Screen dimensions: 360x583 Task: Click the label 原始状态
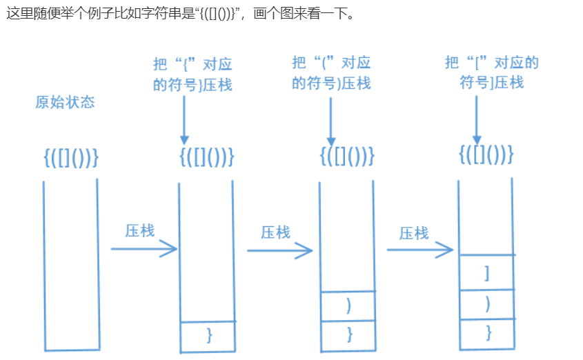point(65,102)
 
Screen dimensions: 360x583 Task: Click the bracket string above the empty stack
point(71,158)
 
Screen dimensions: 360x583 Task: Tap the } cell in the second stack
point(208,335)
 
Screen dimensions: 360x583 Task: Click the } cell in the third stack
point(348,334)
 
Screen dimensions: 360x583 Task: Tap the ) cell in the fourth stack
point(488,304)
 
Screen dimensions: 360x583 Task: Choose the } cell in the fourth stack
point(488,333)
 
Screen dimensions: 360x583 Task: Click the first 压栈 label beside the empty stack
point(139,230)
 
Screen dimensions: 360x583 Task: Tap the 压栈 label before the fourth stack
point(414,232)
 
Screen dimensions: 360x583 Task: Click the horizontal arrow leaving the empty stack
point(144,248)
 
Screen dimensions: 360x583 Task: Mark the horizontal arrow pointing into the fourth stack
point(419,250)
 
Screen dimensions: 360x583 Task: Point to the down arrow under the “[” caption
point(476,117)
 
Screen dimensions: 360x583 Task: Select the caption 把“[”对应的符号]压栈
point(491,72)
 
